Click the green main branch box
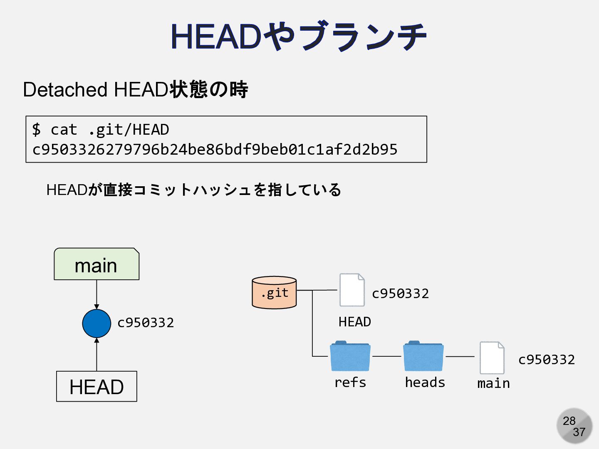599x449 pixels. tap(97, 264)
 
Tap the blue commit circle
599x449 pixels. tap(97, 323)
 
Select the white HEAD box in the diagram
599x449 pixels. tap(97, 387)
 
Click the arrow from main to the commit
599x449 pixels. tap(97, 294)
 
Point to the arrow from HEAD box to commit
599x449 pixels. tap(97, 354)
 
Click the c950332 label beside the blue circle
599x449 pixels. tap(146, 323)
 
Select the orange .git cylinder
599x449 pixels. tap(275, 293)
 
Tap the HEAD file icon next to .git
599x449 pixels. tap(352, 290)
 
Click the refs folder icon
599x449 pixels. tap(350, 356)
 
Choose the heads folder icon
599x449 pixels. tap(423, 356)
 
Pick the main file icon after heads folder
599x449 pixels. tap(492, 358)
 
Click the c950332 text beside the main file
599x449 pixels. tap(546, 360)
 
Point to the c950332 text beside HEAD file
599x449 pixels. tap(400, 294)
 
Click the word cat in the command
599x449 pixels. tap(64, 130)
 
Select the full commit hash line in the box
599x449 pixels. tap(215, 150)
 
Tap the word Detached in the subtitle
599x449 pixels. tap(65, 90)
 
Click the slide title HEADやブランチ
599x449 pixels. tap(299, 37)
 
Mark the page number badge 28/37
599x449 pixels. tap(574, 426)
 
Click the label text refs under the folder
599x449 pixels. tap(350, 382)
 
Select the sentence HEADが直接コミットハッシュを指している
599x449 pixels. tap(194, 190)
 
